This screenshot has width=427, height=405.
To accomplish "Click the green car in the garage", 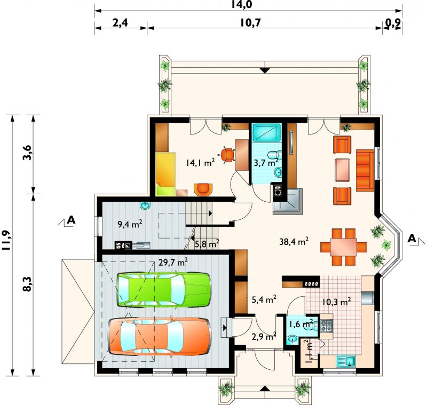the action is (x=164, y=289).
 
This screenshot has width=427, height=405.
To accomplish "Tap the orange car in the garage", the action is (x=160, y=336).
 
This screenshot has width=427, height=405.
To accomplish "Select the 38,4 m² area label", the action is (x=294, y=241).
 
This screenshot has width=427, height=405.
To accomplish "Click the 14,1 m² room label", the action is (x=201, y=163).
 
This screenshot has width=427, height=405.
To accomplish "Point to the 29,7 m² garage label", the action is (x=173, y=263).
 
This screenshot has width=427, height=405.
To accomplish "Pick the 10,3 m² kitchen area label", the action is (x=336, y=301).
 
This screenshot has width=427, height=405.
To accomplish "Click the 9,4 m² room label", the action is (x=130, y=224).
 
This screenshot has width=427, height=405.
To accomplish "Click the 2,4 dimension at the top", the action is (x=120, y=23).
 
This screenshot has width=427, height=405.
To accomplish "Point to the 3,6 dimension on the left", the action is (x=28, y=153).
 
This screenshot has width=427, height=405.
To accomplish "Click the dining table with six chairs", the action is (x=343, y=247).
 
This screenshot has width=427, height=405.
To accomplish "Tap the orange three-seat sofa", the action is (x=365, y=170).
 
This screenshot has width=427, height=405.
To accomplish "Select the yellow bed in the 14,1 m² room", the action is (x=165, y=173).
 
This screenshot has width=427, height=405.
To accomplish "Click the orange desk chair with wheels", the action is (x=228, y=155).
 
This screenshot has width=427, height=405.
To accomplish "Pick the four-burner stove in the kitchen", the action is (x=327, y=326).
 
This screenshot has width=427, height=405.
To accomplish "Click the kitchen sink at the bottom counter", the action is (x=346, y=361).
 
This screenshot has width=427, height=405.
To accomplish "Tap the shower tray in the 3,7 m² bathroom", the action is (x=266, y=132).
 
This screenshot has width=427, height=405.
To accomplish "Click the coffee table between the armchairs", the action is (x=342, y=170).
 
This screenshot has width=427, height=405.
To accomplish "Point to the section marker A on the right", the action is (x=412, y=239).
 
